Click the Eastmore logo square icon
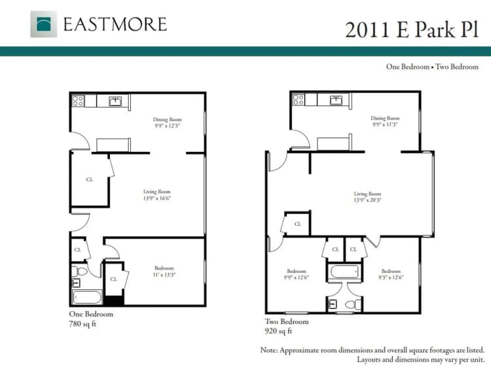pyautogui.click(x=44, y=24)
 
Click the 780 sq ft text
pyautogui.click(x=83, y=323)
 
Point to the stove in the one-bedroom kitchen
pyautogui.click(x=79, y=101)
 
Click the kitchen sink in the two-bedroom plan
pyautogui.click(x=337, y=100)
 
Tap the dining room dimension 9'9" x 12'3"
pyautogui.click(x=168, y=126)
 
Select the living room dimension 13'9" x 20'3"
pyautogui.click(x=367, y=200)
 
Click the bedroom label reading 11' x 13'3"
pyautogui.click(x=164, y=274)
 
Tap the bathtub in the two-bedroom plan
pyautogui.click(x=344, y=272)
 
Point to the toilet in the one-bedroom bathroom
pyautogui.click(x=75, y=271)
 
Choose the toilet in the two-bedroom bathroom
pyautogui.click(x=354, y=304)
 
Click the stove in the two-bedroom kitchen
pyautogui.click(x=299, y=100)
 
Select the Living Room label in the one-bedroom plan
pyautogui.click(x=157, y=191)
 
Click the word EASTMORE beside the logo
pyautogui.click(x=115, y=25)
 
